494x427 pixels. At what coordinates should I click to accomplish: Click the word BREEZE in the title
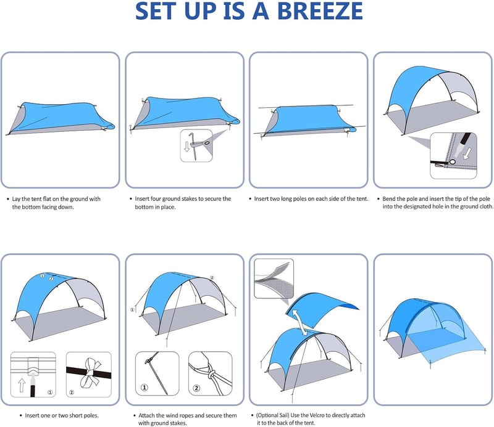[320, 11]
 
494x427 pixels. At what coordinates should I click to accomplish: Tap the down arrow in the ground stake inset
[187, 147]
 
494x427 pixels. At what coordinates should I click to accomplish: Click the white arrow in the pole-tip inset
[468, 154]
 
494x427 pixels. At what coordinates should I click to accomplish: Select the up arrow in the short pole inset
[22, 385]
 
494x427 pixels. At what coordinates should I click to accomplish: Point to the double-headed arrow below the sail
[300, 322]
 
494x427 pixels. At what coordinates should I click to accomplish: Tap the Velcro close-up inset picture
[274, 279]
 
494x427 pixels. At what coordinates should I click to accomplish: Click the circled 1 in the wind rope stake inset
[144, 387]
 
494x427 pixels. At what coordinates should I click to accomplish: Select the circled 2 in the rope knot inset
[196, 388]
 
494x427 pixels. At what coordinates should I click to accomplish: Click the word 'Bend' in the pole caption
[388, 199]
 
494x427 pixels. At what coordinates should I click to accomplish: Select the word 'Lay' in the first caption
[16, 199]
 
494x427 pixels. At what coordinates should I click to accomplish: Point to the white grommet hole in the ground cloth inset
[453, 161]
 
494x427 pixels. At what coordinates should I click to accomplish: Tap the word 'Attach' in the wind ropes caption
[146, 416]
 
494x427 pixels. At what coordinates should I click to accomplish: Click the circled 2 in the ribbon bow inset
[72, 392]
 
